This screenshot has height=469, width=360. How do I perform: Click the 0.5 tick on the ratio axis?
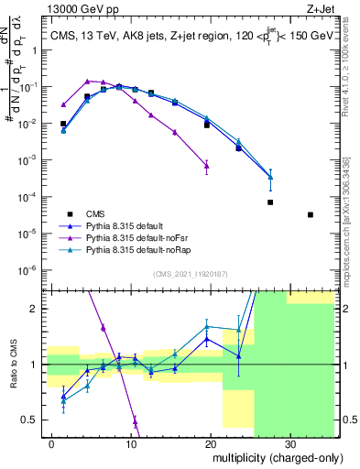pyautogui.click(x=33, y=420)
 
